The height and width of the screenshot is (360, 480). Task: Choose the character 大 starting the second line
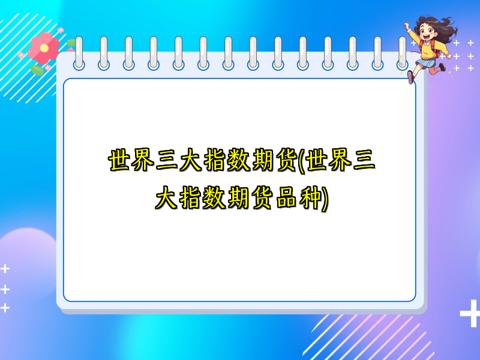[165, 198]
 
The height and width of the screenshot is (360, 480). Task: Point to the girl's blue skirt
[428, 62]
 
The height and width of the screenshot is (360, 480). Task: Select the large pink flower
[43, 48]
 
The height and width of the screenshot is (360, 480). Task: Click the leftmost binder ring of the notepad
[79, 53]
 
